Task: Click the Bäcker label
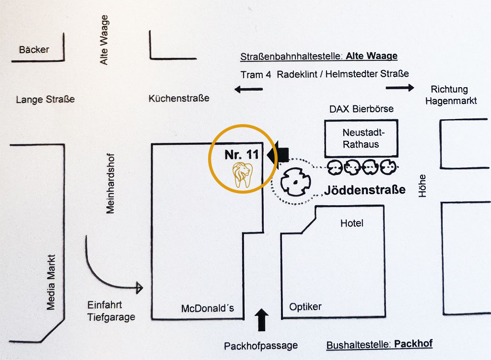point(34,49)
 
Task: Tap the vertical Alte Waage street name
point(104,40)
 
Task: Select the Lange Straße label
point(45,100)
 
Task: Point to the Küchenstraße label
point(179,98)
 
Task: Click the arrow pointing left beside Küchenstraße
point(249,89)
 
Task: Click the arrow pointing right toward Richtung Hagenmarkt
point(400,88)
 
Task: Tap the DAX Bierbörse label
point(361,109)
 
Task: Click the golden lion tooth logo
point(243,174)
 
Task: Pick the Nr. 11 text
point(241,155)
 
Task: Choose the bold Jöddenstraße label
point(364,190)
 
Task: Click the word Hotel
point(351,223)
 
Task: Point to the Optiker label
point(305,307)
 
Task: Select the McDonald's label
point(207,308)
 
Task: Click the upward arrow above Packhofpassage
point(262,320)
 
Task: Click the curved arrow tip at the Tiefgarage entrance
point(140,288)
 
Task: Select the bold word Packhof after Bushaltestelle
point(414,344)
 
